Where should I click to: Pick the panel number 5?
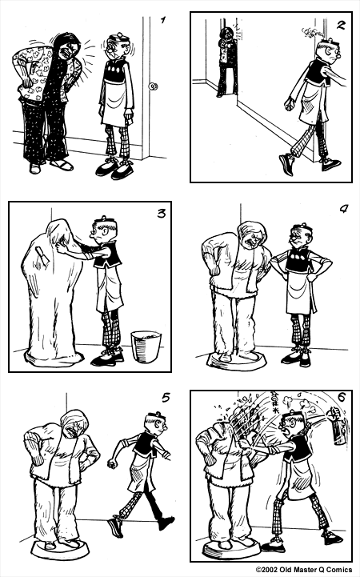tap(165, 396)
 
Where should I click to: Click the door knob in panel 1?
tap(152, 87)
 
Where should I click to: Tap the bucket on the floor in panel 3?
tap(146, 347)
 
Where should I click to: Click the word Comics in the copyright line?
tap(335, 570)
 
